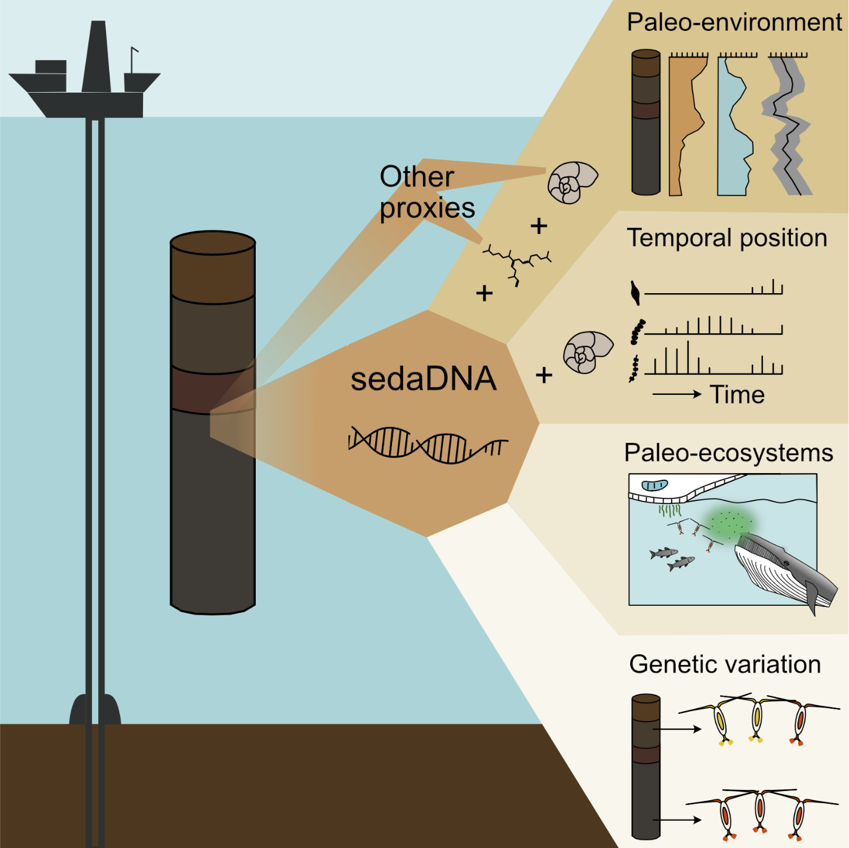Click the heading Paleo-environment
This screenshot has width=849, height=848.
point(734,23)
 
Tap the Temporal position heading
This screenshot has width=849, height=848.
point(727,238)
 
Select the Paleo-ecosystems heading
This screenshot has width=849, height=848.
point(728,453)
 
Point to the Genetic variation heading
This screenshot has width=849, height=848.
point(725,664)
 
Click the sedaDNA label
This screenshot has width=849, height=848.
point(424,379)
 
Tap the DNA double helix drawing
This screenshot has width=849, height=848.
point(428,445)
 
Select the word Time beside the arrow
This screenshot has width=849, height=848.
point(737,395)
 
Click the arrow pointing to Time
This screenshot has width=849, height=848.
point(676,394)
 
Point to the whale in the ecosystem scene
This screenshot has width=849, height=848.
point(782,569)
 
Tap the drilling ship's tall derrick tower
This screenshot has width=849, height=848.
point(97,58)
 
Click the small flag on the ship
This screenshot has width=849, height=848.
point(134,51)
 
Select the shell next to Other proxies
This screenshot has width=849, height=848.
point(571,182)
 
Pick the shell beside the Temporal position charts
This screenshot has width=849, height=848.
point(587,352)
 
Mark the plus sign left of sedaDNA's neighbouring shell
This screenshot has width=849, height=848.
point(544,376)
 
